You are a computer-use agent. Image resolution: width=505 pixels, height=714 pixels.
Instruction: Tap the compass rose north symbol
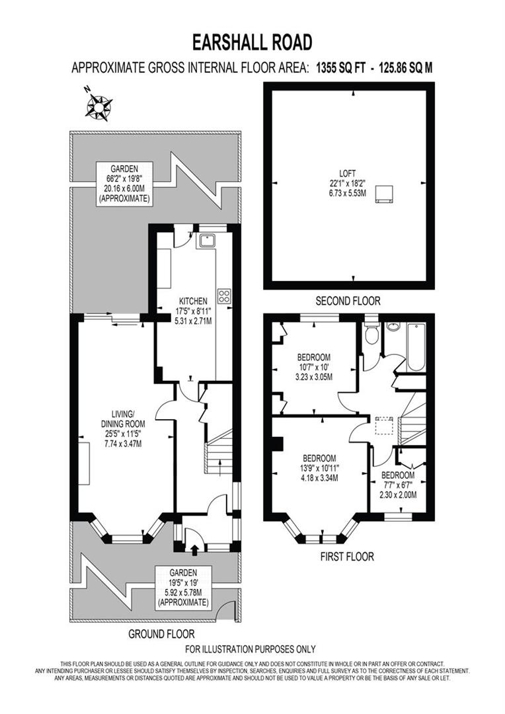pos(99,104)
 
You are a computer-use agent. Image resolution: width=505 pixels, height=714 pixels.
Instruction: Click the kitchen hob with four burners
pos(225,296)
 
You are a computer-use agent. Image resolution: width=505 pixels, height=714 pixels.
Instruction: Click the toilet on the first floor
pos(371,334)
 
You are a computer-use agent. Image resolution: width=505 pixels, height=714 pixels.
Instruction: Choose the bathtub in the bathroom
pos(417,346)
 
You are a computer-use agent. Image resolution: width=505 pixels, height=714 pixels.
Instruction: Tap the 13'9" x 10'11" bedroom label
pos(319,468)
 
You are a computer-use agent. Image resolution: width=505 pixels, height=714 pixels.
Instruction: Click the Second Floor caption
pos(348,301)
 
